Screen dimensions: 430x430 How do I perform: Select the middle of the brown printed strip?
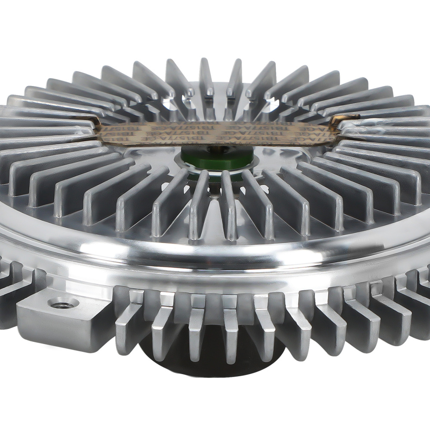[215, 131]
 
